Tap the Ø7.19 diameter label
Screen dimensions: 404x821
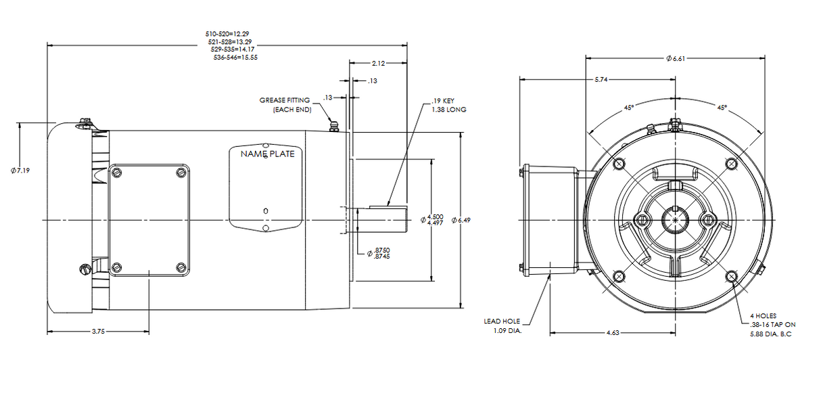[20, 170]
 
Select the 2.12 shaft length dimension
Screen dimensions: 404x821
[378, 64]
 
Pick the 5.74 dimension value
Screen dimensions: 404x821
[600, 80]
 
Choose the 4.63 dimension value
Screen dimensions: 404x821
[613, 333]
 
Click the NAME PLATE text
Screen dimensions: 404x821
[268, 154]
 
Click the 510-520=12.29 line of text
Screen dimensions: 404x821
[231, 33]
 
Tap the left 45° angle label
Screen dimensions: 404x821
[629, 107]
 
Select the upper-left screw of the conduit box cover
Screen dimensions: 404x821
[116, 173]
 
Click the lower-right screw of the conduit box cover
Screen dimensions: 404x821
[181, 267]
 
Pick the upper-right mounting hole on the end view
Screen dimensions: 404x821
[731, 164]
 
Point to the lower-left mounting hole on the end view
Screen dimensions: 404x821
[617, 276]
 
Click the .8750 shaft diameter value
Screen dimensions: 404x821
[381, 250]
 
